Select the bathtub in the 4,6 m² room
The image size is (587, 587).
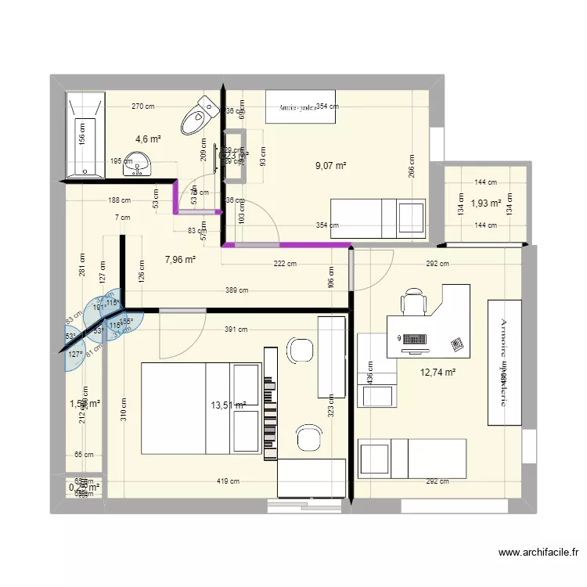85,135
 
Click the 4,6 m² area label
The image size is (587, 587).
149,139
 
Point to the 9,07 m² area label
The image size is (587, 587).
330,166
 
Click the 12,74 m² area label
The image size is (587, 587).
438,373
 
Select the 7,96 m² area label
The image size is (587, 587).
180,260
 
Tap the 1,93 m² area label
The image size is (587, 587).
485,204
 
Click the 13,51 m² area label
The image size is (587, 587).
229,405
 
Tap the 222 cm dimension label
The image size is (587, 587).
285,264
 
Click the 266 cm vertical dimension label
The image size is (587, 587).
412,167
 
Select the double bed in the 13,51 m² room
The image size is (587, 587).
200,408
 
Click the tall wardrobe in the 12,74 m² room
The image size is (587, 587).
504,362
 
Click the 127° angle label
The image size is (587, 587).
75,355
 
